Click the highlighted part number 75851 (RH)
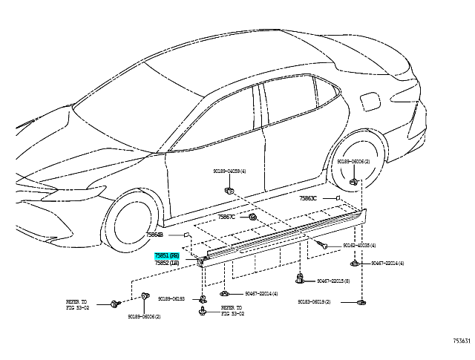[167, 255]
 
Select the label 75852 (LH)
[167, 263]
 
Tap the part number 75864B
[154, 235]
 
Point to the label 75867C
[226, 217]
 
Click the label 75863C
[308, 199]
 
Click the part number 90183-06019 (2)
[315, 302]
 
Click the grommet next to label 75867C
[252, 217]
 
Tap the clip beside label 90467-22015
[301, 280]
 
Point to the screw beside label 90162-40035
[323, 243]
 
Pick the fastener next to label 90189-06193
[202, 298]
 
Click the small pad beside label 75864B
[188, 234]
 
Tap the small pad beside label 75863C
[338, 198]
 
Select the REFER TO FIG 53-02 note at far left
[77, 304]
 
